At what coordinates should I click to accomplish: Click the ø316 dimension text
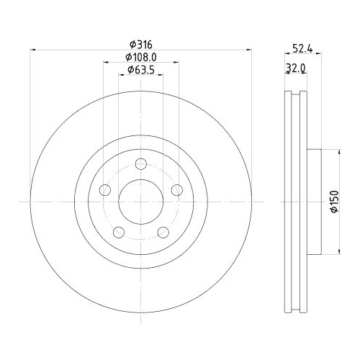[x=141, y=43]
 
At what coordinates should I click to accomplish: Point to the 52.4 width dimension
[x=302, y=49]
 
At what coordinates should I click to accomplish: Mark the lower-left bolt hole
[x=119, y=232]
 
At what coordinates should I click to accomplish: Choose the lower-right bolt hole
[x=163, y=232]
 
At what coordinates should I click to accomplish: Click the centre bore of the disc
[x=141, y=202]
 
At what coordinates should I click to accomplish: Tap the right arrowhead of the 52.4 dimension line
[x=319, y=56]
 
